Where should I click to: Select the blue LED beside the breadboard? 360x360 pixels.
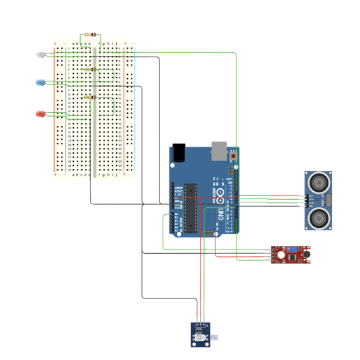(x=40, y=83)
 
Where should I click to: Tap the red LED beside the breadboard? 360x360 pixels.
(x=40, y=114)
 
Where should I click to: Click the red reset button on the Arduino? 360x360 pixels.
(x=233, y=157)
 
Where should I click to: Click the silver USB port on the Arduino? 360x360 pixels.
(x=220, y=150)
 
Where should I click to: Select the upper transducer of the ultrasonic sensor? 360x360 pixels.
(x=320, y=182)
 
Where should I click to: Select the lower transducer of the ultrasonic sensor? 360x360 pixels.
(x=320, y=217)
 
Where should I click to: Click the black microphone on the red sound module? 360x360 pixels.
(x=305, y=254)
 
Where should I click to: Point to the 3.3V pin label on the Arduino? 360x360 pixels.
(x=178, y=194)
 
